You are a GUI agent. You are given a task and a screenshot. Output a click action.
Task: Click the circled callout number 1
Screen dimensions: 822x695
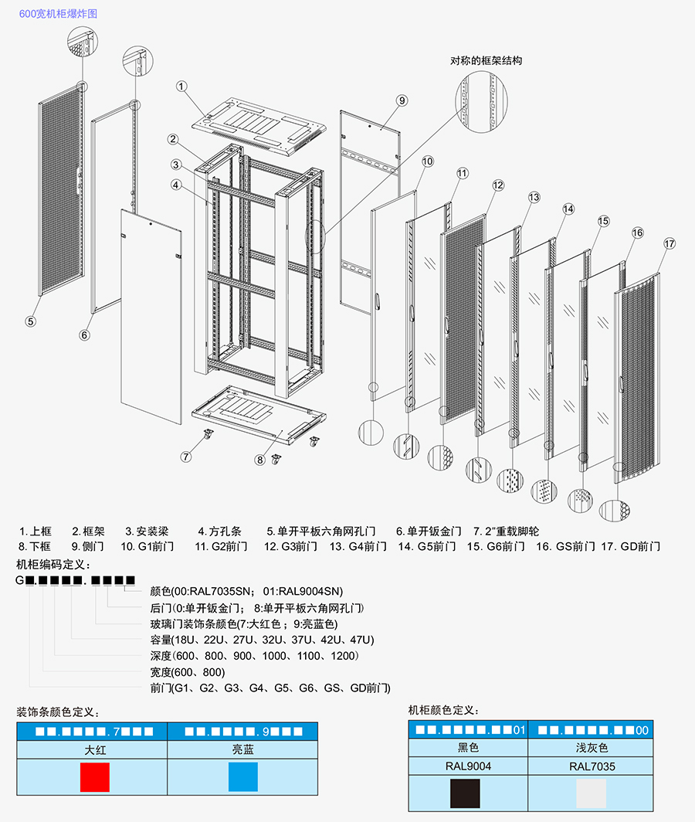point(181,86)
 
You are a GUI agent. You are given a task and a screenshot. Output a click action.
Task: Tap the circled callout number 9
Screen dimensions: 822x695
point(402,100)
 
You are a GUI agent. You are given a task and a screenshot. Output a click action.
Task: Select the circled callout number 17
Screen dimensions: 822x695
point(669,244)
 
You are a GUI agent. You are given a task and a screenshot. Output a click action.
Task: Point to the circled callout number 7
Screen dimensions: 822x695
point(186,456)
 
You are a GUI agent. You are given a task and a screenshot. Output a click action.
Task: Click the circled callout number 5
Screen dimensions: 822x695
point(31,321)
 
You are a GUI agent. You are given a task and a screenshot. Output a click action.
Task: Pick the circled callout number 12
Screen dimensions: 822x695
point(498,185)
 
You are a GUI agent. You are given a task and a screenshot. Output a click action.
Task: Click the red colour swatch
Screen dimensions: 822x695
point(95,776)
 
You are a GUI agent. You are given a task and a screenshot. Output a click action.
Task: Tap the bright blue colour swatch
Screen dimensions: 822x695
point(242,776)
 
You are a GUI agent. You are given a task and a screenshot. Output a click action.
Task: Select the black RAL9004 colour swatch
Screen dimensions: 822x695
point(465,793)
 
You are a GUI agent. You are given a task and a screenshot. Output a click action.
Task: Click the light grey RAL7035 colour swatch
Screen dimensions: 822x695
point(592,793)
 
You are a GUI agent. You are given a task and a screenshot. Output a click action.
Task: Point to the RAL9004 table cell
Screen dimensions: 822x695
point(468,766)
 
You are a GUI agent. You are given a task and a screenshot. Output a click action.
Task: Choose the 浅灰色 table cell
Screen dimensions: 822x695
point(592,748)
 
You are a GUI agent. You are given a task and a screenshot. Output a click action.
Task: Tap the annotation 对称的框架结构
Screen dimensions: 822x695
point(486,60)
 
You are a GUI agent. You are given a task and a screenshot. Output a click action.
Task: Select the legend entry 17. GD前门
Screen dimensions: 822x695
point(630,546)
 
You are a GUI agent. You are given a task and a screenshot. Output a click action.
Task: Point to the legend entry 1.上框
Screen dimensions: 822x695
point(35,532)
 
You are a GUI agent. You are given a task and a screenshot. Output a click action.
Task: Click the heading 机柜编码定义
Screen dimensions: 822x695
point(53,563)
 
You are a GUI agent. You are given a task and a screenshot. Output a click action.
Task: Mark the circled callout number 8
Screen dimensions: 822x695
point(260,459)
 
